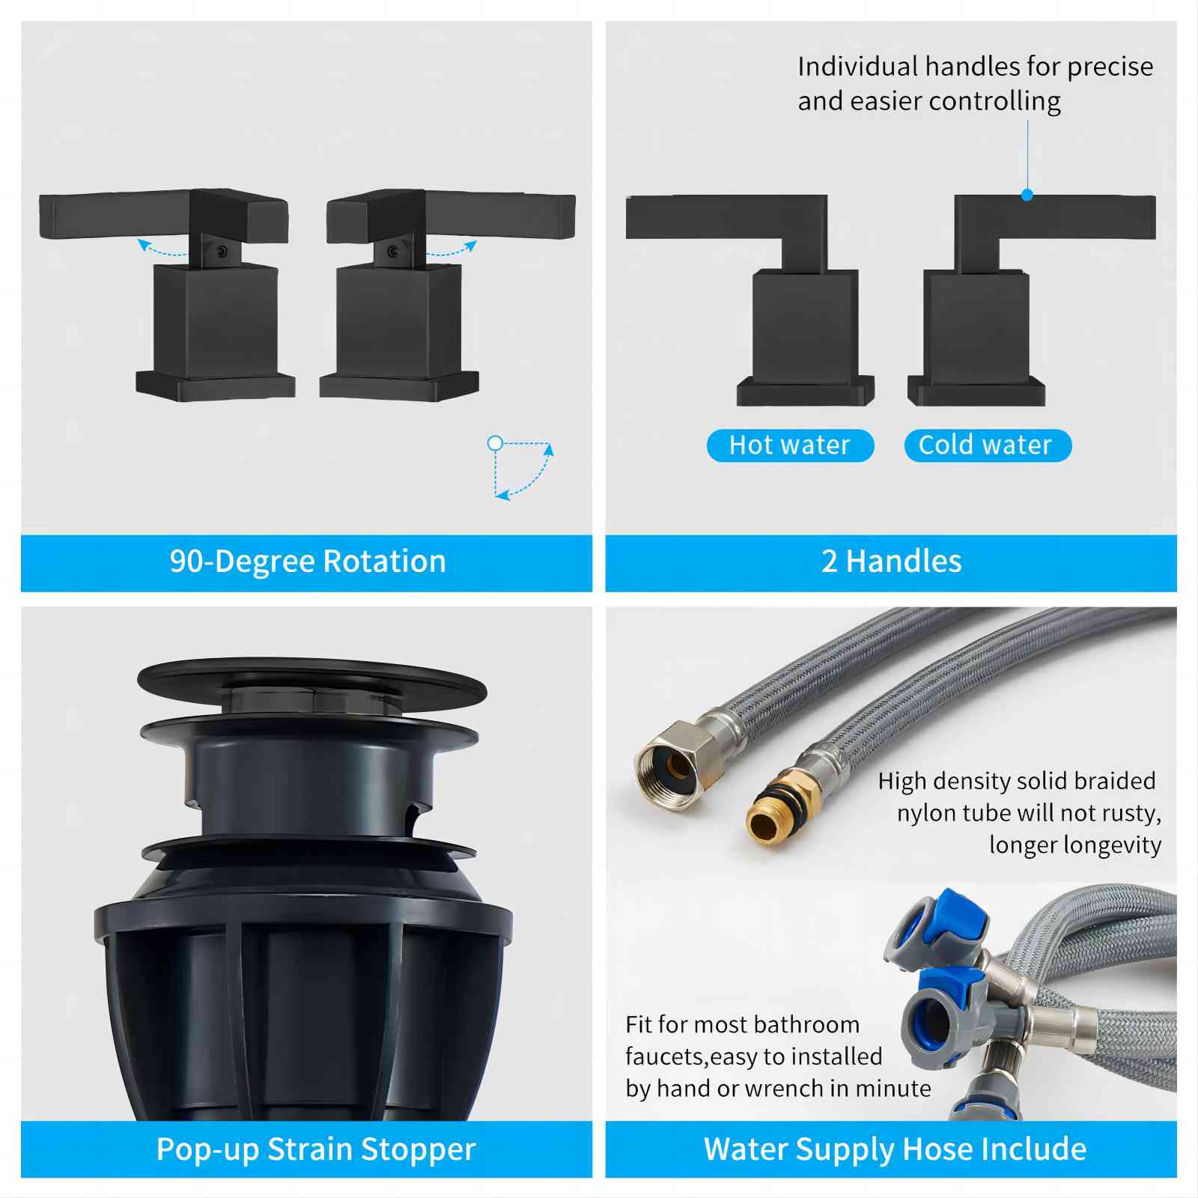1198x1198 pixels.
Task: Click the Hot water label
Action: (x=790, y=446)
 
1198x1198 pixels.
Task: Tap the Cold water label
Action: (x=988, y=446)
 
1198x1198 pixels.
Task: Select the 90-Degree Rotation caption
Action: (x=308, y=562)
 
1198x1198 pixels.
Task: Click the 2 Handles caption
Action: (x=891, y=562)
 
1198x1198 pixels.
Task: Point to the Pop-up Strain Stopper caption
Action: (x=316, y=1149)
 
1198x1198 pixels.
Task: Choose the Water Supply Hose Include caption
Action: (x=895, y=1149)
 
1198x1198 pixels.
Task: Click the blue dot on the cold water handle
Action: (x=1027, y=195)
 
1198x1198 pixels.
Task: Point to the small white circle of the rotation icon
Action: (x=495, y=443)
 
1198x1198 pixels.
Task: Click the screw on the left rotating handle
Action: (x=222, y=252)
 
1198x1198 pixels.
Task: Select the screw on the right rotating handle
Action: (x=393, y=252)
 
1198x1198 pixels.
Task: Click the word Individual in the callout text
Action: (x=857, y=67)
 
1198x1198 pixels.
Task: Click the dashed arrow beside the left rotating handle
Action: (x=160, y=251)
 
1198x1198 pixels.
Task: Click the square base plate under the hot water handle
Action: (x=806, y=390)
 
